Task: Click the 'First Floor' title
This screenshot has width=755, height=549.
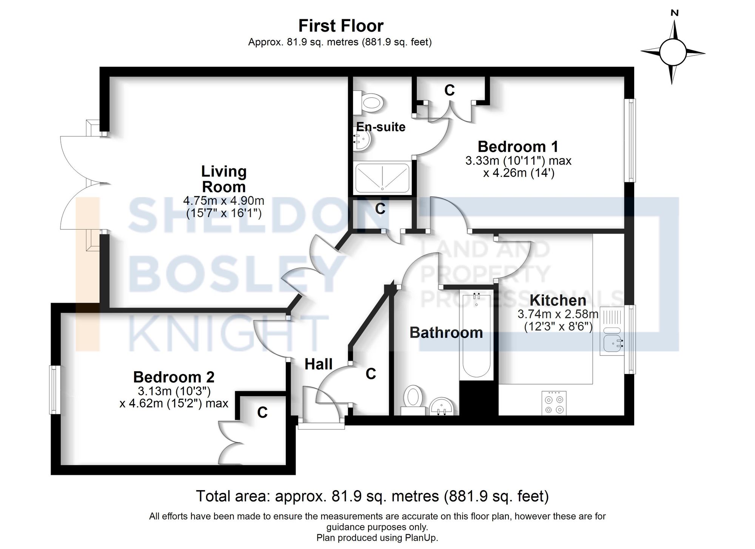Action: point(341,26)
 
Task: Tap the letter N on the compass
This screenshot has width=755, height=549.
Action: point(675,13)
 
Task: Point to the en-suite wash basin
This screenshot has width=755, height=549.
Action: point(363,141)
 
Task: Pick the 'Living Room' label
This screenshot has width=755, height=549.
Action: point(224,179)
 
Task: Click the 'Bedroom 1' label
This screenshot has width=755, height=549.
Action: point(518,146)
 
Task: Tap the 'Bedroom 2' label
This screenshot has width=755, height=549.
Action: point(174,377)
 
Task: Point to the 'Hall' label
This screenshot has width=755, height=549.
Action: point(319,364)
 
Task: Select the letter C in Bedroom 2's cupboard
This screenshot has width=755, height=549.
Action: point(262,413)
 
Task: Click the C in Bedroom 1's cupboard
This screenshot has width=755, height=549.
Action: point(449,90)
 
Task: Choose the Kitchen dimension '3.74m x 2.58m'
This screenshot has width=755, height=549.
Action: point(558,314)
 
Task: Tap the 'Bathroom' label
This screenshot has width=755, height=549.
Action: point(446,333)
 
